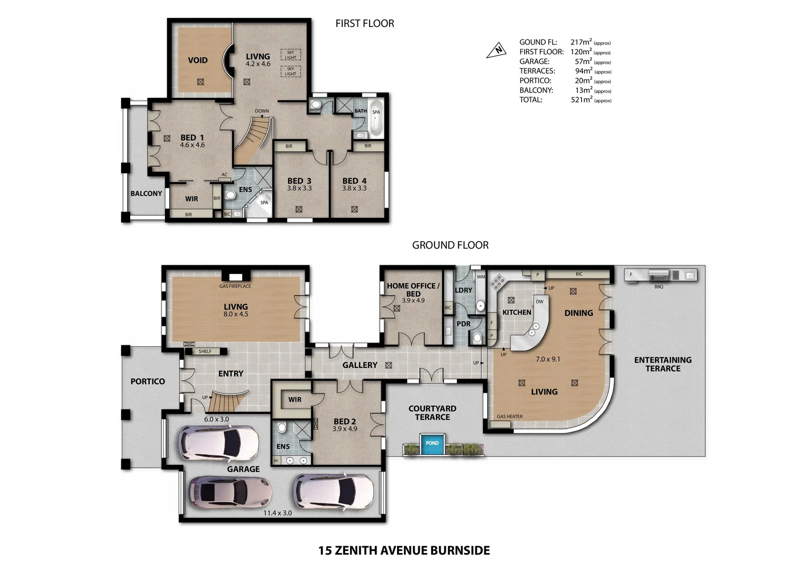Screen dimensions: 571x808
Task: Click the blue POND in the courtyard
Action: coord(432,443)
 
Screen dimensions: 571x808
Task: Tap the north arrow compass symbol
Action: coord(497,50)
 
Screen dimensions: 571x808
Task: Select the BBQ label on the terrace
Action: coord(658,287)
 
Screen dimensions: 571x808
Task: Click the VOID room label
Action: coord(198,60)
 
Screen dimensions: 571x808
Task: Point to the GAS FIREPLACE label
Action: coord(235,286)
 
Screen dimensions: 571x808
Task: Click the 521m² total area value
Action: coord(582,99)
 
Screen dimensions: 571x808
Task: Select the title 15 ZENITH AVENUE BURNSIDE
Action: coord(403,550)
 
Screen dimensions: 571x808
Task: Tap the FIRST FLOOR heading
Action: coord(364,23)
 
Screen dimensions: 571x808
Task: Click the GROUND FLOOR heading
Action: coord(450,245)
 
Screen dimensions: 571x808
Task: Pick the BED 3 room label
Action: coord(299,181)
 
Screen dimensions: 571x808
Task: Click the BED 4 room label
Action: coord(354,181)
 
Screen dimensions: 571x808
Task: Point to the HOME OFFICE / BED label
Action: coord(413,289)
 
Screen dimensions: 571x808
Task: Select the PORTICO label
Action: coord(148,381)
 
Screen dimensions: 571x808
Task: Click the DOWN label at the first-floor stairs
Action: coord(262,111)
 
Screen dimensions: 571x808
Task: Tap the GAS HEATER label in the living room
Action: coord(509,417)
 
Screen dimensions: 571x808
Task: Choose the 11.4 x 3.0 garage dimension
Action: coord(278,512)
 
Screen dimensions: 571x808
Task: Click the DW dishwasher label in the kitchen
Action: coord(539,302)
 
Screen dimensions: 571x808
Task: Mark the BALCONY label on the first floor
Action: coord(146,194)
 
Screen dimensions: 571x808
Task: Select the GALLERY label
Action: coord(360,365)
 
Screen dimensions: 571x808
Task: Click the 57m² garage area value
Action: coord(583,61)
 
